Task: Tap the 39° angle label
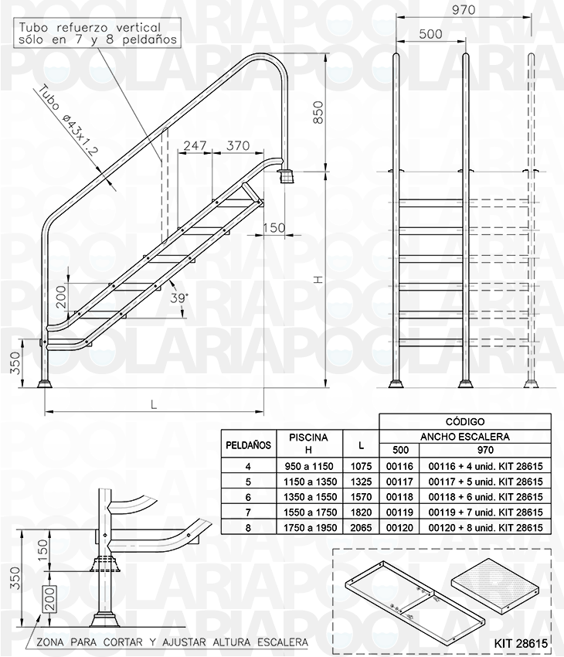178,298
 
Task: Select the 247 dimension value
196,145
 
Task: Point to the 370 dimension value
239,145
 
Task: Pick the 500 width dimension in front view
430,34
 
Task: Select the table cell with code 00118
399,497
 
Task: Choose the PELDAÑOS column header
247,445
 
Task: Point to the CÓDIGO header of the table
465,422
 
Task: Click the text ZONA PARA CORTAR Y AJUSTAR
166,642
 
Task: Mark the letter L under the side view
155,404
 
